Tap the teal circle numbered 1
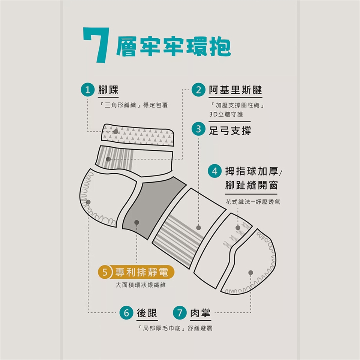(x=88, y=90)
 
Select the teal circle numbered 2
(x=199, y=90)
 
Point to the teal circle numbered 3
(x=199, y=129)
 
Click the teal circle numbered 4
(x=214, y=171)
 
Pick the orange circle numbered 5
(x=105, y=272)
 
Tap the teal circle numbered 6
(x=126, y=313)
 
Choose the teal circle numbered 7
(x=180, y=313)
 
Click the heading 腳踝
(x=108, y=90)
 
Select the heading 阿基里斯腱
(x=235, y=90)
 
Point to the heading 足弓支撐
(x=230, y=130)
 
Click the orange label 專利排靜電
(x=142, y=272)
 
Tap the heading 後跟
(x=147, y=313)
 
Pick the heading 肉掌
(x=200, y=313)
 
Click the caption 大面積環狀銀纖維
(x=141, y=285)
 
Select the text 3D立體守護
(x=226, y=114)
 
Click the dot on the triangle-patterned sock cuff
(x=116, y=132)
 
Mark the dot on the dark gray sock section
(x=136, y=222)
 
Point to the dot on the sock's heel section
(x=88, y=202)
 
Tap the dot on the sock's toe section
(x=251, y=273)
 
